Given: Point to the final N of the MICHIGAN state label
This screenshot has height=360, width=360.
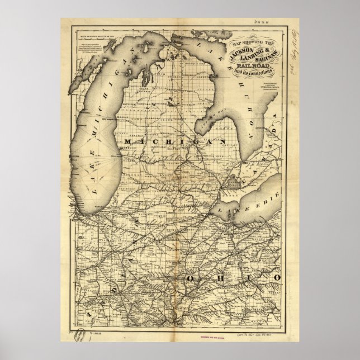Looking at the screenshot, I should [x=222, y=143].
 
